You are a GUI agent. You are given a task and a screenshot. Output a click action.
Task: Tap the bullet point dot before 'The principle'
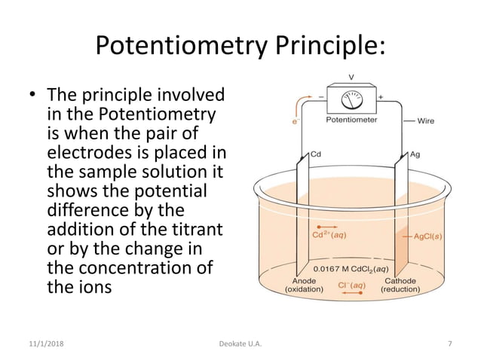pos(32,96)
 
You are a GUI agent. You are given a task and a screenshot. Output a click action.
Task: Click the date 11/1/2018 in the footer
pos(42,344)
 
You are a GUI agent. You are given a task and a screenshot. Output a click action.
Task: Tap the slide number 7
pos(450,344)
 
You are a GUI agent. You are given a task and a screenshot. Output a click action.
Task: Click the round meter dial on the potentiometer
pos(352,99)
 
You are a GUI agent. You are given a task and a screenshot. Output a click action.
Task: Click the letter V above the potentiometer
pos(352,78)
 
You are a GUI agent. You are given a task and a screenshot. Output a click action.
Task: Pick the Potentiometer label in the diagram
pos(352,120)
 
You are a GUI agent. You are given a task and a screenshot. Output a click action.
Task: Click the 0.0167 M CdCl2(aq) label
pos(351,268)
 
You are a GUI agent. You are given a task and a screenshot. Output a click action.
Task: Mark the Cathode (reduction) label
pos(405,285)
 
